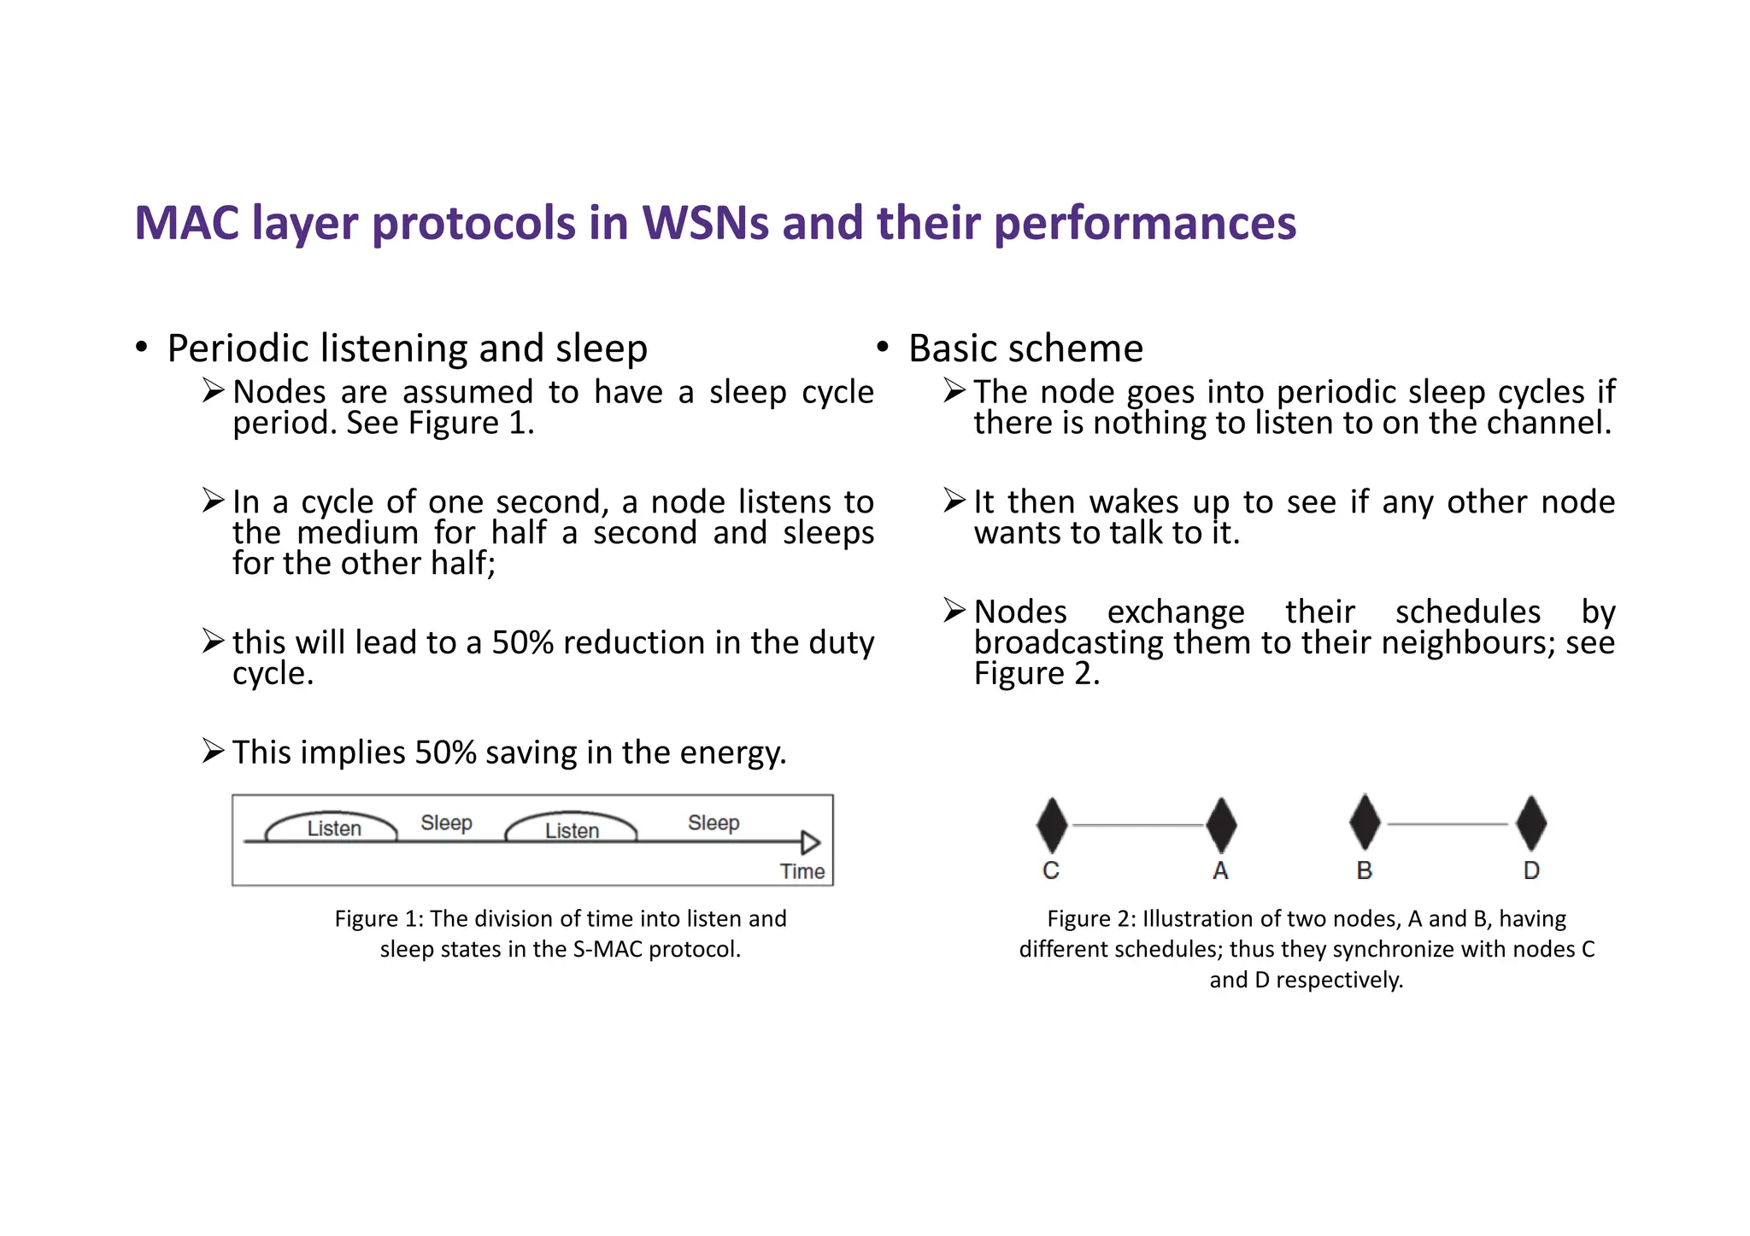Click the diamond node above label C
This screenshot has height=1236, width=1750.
pos(1052,825)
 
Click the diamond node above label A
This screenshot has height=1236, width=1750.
pos(1221,825)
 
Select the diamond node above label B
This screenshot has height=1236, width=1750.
pos(1365,822)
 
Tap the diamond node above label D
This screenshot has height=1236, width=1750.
pos(1531,823)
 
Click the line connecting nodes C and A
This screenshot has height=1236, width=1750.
pos(1136,825)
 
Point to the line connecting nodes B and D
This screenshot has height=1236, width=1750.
pos(1448,824)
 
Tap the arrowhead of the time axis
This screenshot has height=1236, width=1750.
pos(810,842)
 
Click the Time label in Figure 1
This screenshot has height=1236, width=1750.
pos(802,871)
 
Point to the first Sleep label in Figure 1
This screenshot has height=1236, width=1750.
pos(446,823)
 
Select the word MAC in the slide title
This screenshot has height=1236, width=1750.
pos(187,223)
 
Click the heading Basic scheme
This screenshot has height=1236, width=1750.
pos(1025,349)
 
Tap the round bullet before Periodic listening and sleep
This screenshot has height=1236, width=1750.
pos(142,348)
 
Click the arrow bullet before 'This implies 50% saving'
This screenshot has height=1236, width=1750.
pos(213,752)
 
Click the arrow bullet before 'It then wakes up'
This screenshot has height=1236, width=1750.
pos(954,501)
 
